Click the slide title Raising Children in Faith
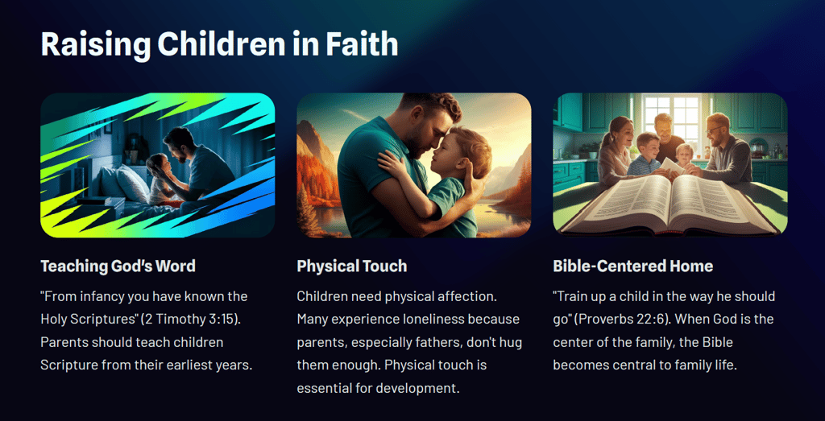(219, 43)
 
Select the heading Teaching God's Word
(118, 266)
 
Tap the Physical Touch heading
(352, 266)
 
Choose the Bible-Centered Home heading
(633, 266)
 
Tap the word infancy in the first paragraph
(97, 296)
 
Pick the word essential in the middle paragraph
(321, 390)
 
